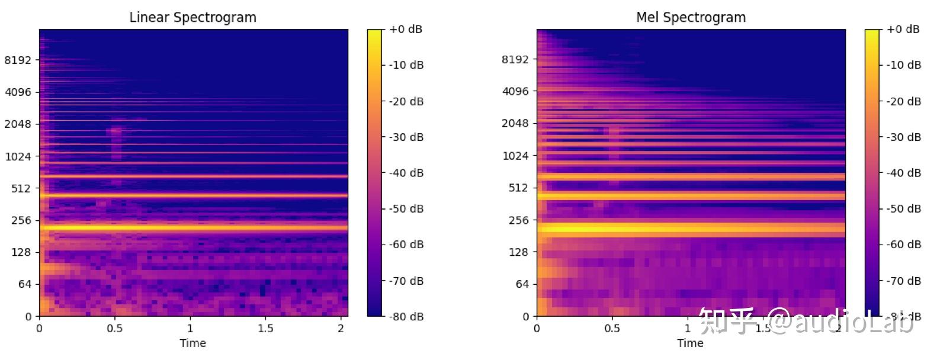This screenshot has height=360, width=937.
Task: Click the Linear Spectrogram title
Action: coord(192,17)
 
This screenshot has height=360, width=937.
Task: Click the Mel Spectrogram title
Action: coord(691,17)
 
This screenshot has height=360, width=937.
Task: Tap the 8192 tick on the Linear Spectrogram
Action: coord(18,60)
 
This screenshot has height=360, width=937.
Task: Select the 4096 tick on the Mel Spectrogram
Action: coord(515,91)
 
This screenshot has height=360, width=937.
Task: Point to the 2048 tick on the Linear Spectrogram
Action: coord(18,124)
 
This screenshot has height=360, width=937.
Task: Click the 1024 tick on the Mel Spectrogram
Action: coord(515,156)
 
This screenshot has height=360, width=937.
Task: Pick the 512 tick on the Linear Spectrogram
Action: coord(21,188)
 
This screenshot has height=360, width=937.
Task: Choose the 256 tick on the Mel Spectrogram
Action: coord(518,220)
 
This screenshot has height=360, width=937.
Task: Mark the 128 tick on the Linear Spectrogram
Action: coord(21,252)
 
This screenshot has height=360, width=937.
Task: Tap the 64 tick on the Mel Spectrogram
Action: coord(521,284)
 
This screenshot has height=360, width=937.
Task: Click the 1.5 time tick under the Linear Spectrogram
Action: coord(265,329)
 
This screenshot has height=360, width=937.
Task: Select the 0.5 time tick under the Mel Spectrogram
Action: coord(612,329)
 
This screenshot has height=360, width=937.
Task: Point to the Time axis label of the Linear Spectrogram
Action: coord(192,343)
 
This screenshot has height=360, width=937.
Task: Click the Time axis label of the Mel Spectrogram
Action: coord(690,343)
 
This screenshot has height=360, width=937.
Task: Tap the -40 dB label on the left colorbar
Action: coord(406,173)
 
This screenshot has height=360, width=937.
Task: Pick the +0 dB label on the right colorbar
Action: coord(903,29)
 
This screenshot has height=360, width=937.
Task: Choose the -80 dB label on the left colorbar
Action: coord(406,317)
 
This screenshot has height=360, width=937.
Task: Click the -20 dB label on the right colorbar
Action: coord(904,101)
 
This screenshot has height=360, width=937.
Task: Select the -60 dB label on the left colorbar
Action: coord(406,245)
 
